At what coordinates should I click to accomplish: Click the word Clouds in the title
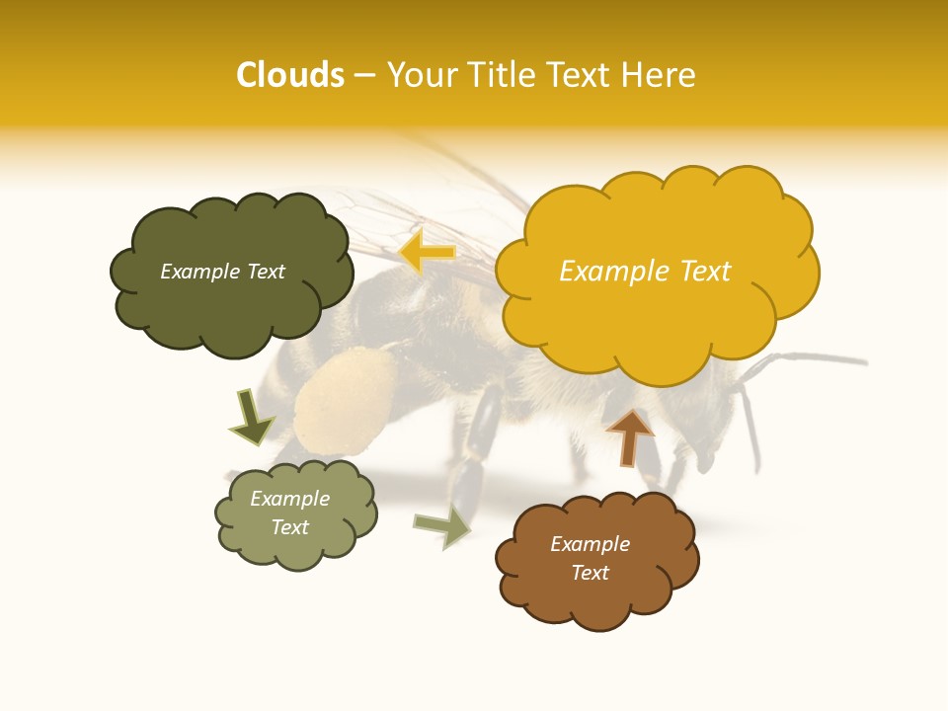point(290,75)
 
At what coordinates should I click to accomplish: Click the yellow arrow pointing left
point(427,253)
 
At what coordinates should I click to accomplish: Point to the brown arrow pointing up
point(629,436)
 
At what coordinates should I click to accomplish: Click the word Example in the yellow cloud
point(604,271)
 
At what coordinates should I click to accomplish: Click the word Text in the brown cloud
point(590,573)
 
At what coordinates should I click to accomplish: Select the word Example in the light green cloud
point(289,499)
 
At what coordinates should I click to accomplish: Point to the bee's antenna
point(810,360)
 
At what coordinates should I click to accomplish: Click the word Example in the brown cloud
point(590,544)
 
